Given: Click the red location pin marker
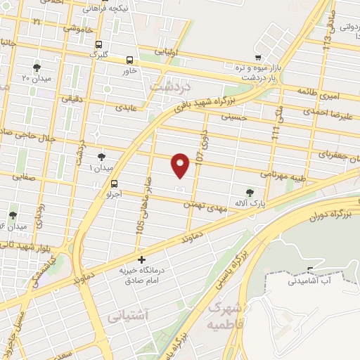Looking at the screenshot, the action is point(181,164).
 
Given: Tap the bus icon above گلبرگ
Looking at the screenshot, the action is point(98,42).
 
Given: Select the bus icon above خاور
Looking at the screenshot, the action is point(129,60).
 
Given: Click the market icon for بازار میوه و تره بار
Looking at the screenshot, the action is point(258,58).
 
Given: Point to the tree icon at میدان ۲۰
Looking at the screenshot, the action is point(37,67).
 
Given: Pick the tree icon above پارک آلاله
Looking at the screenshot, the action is point(249,192).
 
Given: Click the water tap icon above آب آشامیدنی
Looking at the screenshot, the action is point(307,271).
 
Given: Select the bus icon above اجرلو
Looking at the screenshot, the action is point(115,184).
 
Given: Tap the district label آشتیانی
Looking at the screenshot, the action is point(127,316).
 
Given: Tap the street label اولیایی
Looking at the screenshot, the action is point(171,51).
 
